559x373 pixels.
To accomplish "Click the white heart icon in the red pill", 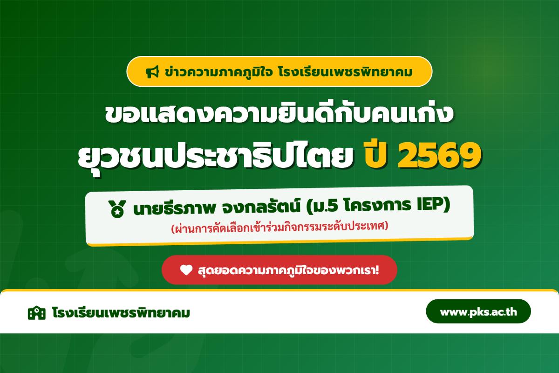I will pyautogui.click(x=186, y=269).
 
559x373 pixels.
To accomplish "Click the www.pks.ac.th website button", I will pyautogui.click(x=478, y=311).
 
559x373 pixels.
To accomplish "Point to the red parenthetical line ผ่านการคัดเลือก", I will pyautogui.click(x=279, y=228).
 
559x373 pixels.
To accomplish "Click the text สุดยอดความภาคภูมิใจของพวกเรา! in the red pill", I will pyautogui.click(x=286, y=269).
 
